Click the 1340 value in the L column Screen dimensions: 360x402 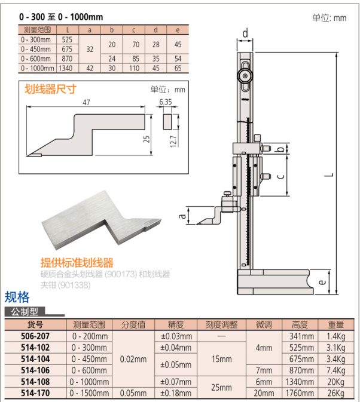tap(65, 69)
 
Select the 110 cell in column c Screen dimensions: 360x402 tap(134, 69)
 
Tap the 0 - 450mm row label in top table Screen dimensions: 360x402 tap(36, 49)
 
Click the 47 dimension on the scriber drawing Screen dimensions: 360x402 tap(86, 102)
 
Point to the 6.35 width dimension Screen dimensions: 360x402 tap(166, 102)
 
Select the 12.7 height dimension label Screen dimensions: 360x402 tap(173, 141)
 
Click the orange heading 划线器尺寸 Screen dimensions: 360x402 tap(51, 89)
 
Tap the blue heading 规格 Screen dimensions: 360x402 tap(17, 297)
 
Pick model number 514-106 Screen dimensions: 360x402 tap(35, 370)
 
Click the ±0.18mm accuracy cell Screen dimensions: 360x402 tap(176, 393)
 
